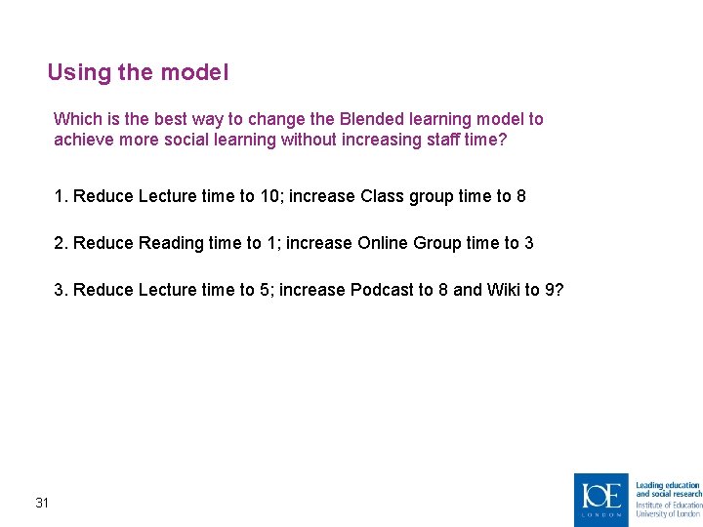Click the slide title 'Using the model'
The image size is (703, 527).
coord(138,72)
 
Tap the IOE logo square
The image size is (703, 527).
coord(600,499)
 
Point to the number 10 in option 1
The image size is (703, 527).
coord(270,196)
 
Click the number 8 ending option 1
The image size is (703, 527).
coord(521,196)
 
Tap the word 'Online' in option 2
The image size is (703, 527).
coord(384,243)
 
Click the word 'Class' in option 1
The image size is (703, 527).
coord(382,196)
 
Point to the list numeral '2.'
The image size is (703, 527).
coord(62,243)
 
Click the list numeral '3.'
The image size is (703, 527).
coord(62,290)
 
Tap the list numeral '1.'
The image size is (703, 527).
coord(62,196)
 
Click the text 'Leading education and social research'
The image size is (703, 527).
coord(668,489)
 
